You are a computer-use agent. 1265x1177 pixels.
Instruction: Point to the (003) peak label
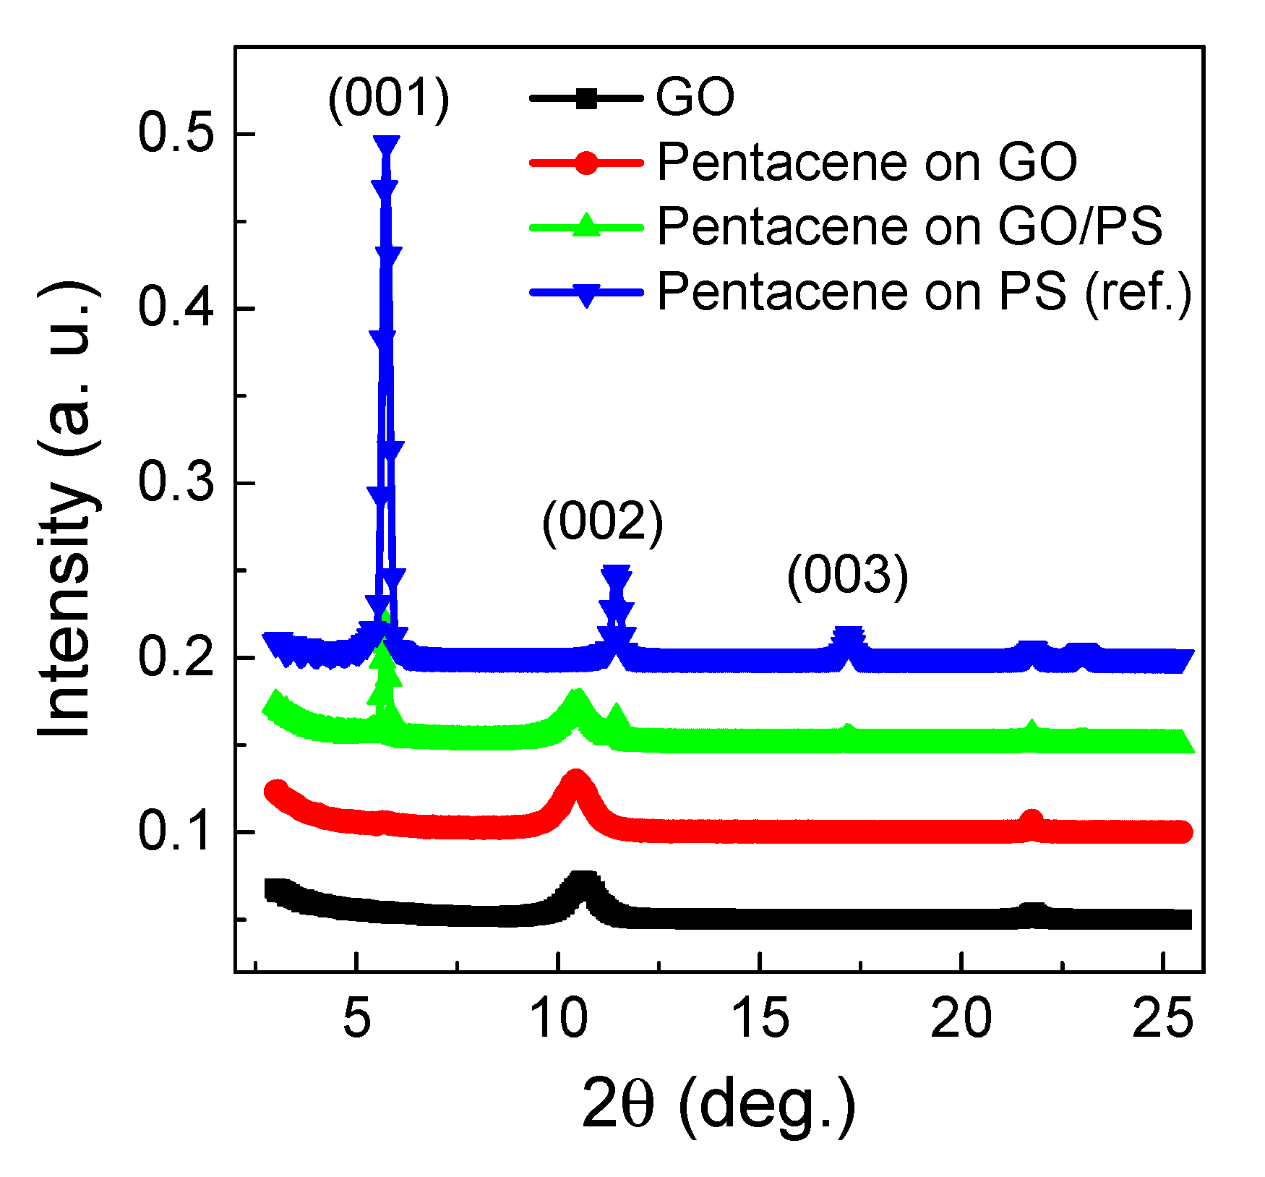847,576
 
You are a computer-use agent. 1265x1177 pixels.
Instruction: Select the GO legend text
695,97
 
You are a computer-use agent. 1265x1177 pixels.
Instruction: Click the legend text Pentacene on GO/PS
909,226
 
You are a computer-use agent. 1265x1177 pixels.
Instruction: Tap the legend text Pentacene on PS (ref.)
925,291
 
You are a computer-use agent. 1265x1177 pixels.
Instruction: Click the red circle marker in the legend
587,163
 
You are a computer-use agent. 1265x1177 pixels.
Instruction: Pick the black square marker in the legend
587,98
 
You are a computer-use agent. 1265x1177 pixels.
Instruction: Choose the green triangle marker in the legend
587,226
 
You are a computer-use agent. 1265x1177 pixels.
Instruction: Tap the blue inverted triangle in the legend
587,294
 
